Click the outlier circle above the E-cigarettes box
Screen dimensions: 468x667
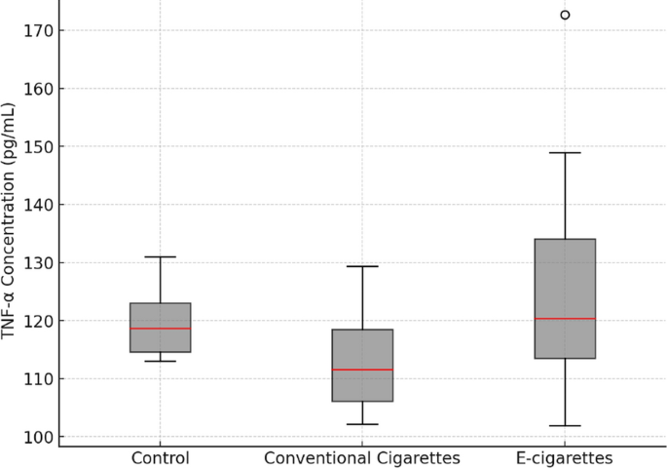565,15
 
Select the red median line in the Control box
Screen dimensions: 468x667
161,329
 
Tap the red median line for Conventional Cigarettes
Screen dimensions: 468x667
362,370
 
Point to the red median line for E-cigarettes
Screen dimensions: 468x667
565,319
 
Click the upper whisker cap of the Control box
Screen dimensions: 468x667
161,257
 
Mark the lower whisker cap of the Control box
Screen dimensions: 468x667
161,361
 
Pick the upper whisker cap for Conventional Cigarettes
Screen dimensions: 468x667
362,266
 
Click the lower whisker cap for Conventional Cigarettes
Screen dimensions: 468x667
362,424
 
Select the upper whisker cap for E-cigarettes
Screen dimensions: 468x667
565,153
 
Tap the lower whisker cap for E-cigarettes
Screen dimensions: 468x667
565,426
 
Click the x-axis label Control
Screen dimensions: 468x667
161,458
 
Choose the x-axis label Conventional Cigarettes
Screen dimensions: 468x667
362,458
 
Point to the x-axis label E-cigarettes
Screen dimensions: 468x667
565,458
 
